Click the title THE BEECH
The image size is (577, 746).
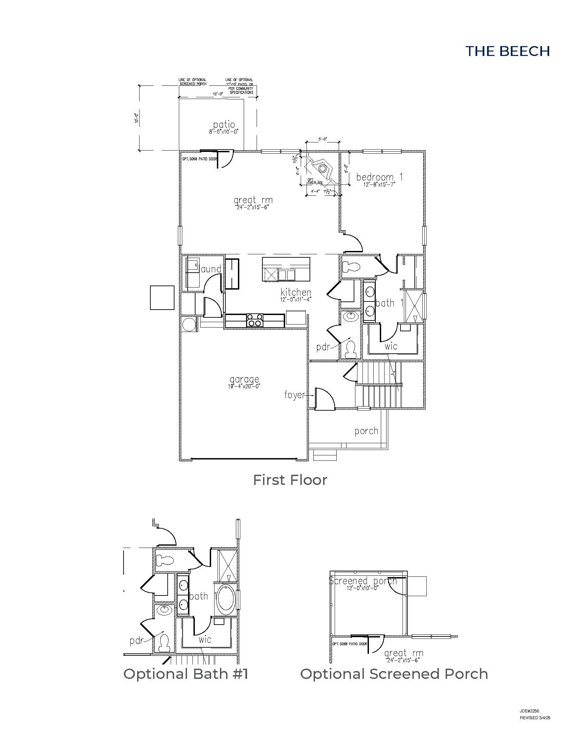tap(508, 51)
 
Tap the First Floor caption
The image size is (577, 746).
tap(290, 480)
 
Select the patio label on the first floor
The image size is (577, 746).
tap(224, 125)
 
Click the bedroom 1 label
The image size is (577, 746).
tap(379, 177)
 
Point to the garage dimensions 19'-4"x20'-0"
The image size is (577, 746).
tap(244, 386)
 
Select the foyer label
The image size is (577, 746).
tap(294, 395)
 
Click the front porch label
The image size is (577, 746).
tap(366, 431)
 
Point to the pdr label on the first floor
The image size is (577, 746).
tap(323, 347)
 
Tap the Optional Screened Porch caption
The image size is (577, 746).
tap(394, 674)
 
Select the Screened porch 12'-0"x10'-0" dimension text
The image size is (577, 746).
tap(362, 588)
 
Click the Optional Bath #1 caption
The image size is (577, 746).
tap(186, 674)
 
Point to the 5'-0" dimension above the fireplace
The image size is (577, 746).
tap(322, 139)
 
